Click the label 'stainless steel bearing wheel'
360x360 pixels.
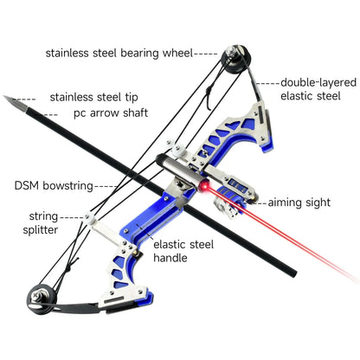click(x=118, y=53)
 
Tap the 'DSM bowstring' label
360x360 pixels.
click(x=53, y=185)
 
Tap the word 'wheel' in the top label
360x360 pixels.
click(x=176, y=53)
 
